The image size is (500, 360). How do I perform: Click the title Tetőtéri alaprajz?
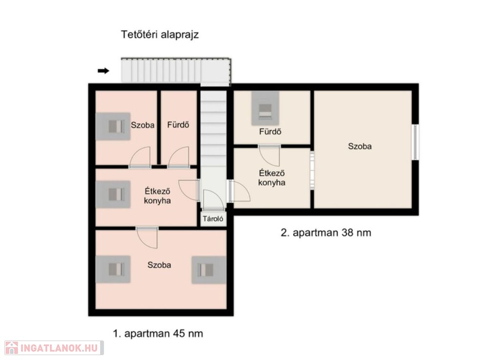click(160, 35)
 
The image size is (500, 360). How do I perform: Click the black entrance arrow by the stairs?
click(104, 71)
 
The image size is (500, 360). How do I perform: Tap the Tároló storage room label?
click(213, 219)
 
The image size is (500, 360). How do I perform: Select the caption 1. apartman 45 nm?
click(158, 334)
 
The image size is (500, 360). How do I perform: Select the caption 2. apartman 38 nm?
click(326, 233)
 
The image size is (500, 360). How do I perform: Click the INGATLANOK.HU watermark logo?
click(54, 348)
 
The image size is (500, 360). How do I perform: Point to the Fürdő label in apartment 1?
click(178, 125)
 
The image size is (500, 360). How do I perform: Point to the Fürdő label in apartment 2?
click(270, 131)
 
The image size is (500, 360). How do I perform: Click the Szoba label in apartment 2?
click(360, 147)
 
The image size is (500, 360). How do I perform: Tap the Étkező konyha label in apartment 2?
click(271, 178)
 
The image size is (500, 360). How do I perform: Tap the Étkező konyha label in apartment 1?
click(157, 196)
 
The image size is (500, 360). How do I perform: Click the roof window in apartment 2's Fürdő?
click(265, 108)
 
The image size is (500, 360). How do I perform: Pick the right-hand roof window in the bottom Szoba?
click(209, 270)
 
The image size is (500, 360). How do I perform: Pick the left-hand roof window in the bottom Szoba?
click(113, 269)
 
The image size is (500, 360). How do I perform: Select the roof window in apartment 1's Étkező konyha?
click(113, 194)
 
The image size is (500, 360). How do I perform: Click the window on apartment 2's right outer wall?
click(415, 142)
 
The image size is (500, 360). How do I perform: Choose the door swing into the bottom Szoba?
click(147, 237)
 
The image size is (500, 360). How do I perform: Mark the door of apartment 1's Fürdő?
click(179, 157)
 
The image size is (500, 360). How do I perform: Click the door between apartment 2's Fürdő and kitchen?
click(270, 156)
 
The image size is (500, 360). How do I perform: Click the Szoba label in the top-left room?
click(143, 126)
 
